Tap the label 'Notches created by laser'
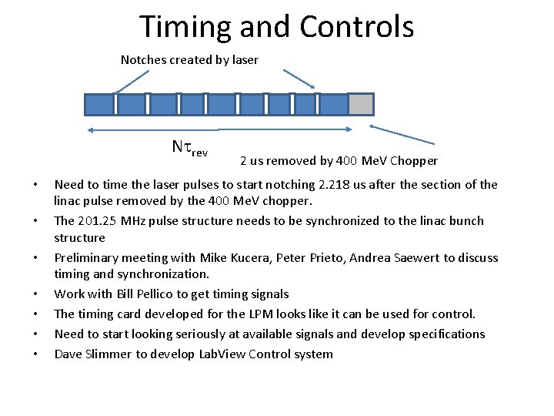[x=189, y=59]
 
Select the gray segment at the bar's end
[x=361, y=104]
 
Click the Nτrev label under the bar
[x=189, y=147]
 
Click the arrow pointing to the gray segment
[x=402, y=134]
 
